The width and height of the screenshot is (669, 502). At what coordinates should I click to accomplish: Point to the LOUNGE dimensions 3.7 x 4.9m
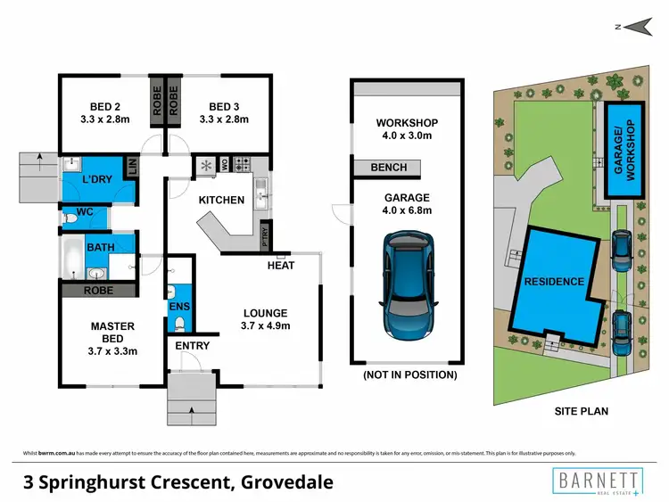tap(265, 326)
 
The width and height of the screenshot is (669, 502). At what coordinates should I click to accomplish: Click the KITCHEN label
tap(221, 200)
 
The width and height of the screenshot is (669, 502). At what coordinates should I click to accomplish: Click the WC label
tap(85, 212)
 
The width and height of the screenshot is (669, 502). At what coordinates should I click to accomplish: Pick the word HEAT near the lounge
tap(280, 265)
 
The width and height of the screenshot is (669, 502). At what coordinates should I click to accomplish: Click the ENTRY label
tap(192, 345)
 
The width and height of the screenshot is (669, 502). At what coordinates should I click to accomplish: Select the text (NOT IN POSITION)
tap(409, 375)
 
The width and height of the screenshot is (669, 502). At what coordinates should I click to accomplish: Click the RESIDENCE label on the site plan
tap(554, 282)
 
